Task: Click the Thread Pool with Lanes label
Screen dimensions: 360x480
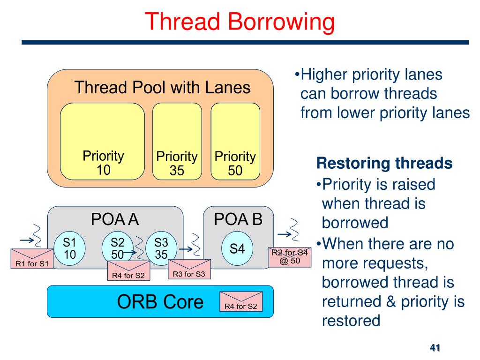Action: (162, 88)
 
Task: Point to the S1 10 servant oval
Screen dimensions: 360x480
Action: (70, 248)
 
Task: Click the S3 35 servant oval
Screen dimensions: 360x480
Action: (161, 248)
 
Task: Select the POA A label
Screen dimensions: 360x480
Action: (115, 219)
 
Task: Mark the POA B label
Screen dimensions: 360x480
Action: (238, 219)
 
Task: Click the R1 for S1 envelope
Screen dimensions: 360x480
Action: (32, 259)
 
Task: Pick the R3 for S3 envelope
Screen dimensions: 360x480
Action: (189, 270)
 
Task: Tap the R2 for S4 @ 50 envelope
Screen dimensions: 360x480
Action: (290, 257)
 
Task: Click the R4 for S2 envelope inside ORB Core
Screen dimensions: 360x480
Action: (241, 302)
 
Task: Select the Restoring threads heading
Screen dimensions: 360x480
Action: (384, 163)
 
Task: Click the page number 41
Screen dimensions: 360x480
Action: (435, 348)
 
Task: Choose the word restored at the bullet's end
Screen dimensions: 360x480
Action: (351, 321)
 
